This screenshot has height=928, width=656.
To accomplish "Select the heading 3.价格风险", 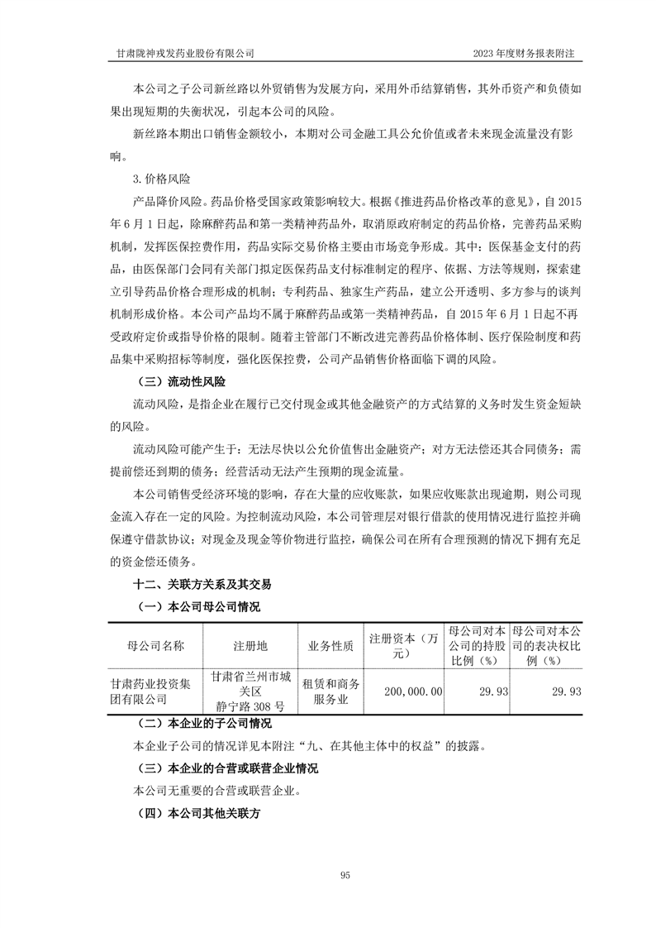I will (x=159, y=178).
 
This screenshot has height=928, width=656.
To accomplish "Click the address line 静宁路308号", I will (x=250, y=706).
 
